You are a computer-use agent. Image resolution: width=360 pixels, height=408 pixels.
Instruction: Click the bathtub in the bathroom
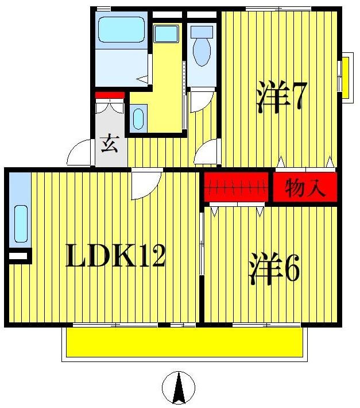[121, 30]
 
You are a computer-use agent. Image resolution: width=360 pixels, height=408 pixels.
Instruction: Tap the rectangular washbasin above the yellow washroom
[167, 33]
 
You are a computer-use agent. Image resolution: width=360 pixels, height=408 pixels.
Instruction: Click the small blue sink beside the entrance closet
[138, 118]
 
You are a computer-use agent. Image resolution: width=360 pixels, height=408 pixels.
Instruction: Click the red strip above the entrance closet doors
[110, 95]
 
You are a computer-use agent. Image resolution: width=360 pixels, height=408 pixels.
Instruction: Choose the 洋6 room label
[274, 268]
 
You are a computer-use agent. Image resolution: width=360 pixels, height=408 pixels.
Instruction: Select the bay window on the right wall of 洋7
[346, 75]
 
